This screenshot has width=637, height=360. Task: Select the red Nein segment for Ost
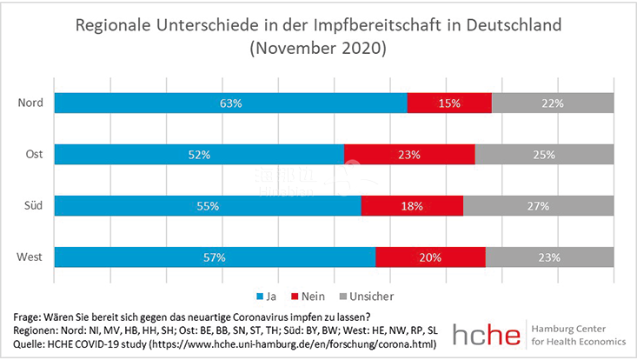point(409,155)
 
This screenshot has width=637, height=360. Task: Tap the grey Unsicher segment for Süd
point(538,206)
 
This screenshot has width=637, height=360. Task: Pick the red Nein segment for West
point(430,257)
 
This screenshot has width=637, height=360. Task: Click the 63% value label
point(230,103)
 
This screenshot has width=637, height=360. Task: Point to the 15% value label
point(449,103)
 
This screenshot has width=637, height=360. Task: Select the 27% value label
point(538,206)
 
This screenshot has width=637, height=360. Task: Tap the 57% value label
point(215,257)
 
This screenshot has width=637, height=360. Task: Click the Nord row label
point(32,103)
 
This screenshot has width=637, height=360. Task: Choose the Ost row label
point(35,155)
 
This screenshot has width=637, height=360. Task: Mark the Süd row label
point(34,206)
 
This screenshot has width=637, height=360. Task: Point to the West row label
point(31,257)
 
